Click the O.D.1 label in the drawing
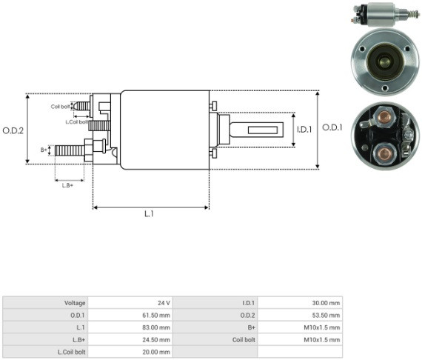tap(332, 127)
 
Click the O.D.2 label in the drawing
tap(13, 130)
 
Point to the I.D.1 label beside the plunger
tap(304, 130)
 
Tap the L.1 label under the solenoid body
tap(149, 214)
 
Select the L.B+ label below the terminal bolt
tap(67, 185)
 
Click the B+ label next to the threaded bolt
tap(44, 150)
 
